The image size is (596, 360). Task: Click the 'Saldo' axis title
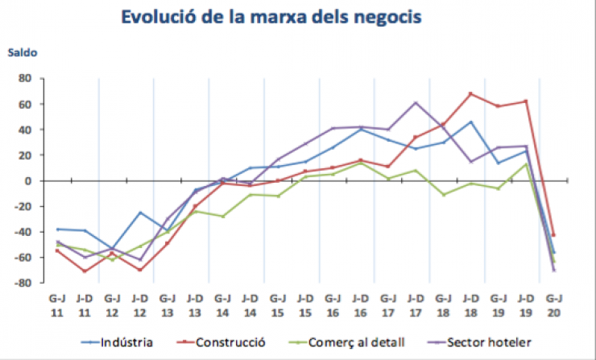pyautogui.click(x=23, y=54)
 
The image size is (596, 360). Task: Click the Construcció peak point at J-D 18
pyautogui.click(x=470, y=94)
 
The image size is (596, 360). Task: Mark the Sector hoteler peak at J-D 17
pyautogui.click(x=416, y=103)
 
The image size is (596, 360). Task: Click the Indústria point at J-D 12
pyautogui.click(x=140, y=213)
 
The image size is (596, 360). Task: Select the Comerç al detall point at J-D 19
pyautogui.click(x=525, y=164)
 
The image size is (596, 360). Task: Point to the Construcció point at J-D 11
pyautogui.click(x=85, y=271)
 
